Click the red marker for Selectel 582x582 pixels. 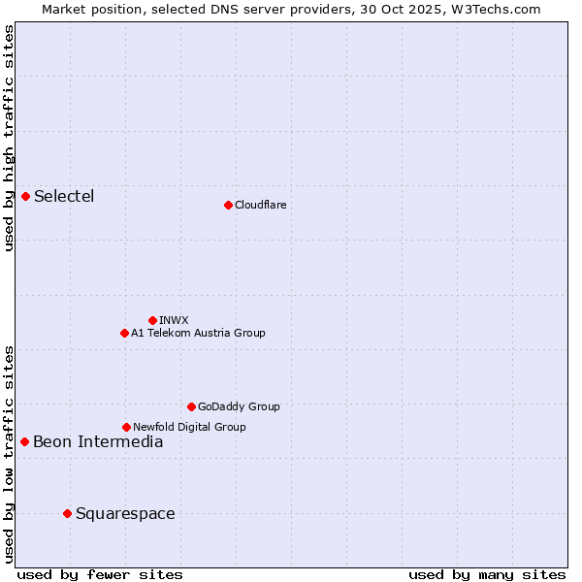click(26, 197)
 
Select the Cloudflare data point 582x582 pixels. click(228, 205)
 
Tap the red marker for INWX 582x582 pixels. click(152, 320)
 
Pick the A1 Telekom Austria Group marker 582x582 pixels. click(124, 333)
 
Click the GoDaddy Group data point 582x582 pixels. click(191, 406)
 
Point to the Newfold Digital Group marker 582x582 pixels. click(126, 427)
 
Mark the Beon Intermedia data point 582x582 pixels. click(25, 442)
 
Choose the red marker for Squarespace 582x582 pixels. click(67, 513)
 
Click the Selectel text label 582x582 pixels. click(64, 197)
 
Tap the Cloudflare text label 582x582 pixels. click(260, 205)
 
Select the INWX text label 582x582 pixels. click(174, 320)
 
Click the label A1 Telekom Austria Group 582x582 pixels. click(198, 333)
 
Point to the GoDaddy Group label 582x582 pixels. click(239, 406)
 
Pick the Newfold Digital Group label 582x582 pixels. click(189, 427)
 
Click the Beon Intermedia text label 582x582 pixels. click(98, 442)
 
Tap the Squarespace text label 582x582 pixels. click(125, 513)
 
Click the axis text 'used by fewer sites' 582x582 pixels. click(100, 574)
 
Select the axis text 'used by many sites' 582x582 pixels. click(487, 574)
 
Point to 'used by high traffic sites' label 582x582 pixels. click(10, 138)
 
